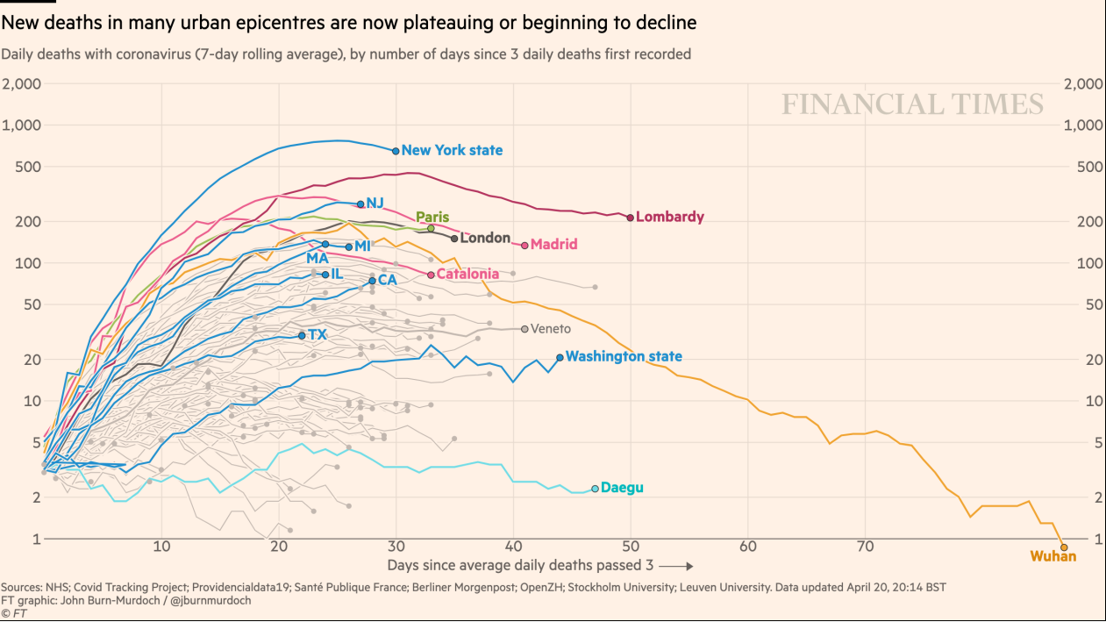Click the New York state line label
pyautogui.click(x=452, y=150)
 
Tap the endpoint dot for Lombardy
pyautogui.click(x=630, y=217)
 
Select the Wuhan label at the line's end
pyautogui.click(x=1052, y=556)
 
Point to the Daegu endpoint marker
pyautogui.click(x=595, y=489)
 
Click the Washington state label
pyautogui.click(x=624, y=356)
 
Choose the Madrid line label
pyautogui.click(x=553, y=245)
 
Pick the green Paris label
pyautogui.click(x=432, y=217)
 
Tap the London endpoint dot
pyautogui.click(x=454, y=238)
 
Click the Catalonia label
pyautogui.click(x=467, y=274)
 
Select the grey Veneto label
pyautogui.click(x=551, y=329)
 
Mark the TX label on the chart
pyautogui.click(x=317, y=334)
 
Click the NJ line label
pyautogui.click(x=375, y=203)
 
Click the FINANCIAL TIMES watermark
pyautogui.click(x=913, y=104)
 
